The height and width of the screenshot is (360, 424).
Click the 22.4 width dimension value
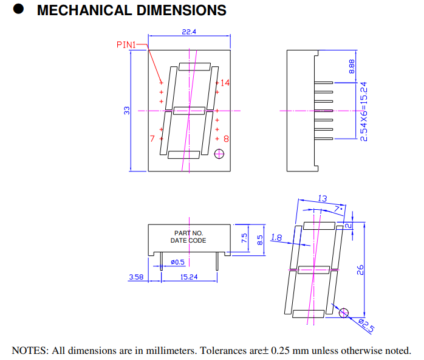189,32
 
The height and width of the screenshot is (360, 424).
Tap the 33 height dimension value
127,110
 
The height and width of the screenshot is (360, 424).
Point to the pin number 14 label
225,83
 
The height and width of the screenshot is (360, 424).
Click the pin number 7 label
152,139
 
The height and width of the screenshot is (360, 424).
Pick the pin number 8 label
226,139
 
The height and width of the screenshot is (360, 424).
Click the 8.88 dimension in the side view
352,66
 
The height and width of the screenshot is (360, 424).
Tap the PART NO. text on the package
189,233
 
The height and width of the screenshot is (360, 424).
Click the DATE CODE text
188,240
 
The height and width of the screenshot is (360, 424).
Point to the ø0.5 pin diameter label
177,262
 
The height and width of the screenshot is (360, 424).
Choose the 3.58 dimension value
135,277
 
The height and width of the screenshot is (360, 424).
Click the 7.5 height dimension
245,238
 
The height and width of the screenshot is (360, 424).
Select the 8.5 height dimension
260,240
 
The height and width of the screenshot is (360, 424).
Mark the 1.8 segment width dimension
277,238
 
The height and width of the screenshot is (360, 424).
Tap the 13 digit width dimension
322,199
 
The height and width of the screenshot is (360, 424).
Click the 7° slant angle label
338,209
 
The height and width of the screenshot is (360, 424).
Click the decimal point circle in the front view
219,154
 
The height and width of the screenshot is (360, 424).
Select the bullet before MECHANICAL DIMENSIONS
19,10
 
